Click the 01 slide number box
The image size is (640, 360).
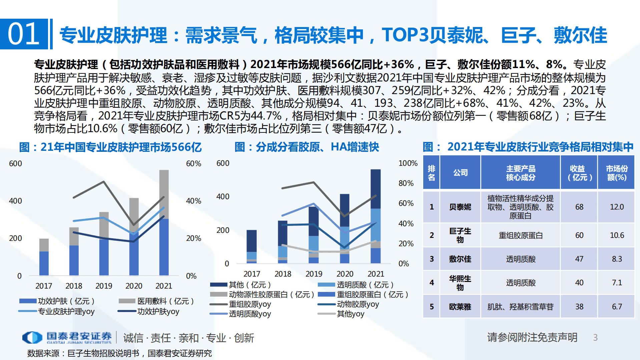[24, 34]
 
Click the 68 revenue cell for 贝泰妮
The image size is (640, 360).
[579, 207]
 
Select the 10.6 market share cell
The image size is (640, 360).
[617, 235]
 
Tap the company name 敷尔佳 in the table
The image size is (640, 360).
[460, 259]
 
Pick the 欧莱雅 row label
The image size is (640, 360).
[460, 307]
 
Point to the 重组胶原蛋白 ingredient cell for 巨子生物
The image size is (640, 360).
[520, 235]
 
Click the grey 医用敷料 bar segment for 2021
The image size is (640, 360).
[164, 194]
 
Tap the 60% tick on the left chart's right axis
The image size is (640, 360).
[193, 163]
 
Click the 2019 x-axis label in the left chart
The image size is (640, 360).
[104, 286]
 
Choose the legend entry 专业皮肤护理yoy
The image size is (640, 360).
[66, 311]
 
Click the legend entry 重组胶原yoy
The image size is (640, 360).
[249, 304]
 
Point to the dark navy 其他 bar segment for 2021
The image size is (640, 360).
[376, 189]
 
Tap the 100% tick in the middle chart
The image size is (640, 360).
[408, 163]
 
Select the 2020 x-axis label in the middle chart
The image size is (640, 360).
[345, 274]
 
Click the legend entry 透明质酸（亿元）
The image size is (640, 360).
[365, 285]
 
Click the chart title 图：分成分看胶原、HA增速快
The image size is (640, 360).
[306, 147]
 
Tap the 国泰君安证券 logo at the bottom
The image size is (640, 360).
[67, 337]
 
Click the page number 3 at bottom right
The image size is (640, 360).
[595, 338]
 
